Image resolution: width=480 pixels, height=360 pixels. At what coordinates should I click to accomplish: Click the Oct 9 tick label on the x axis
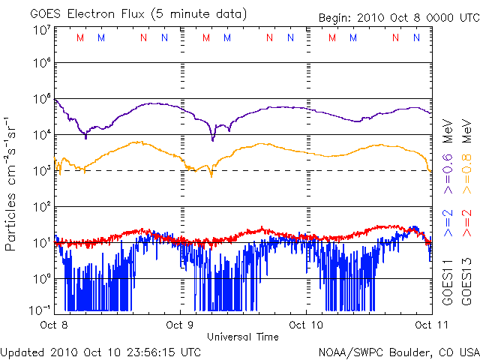(x=180, y=325)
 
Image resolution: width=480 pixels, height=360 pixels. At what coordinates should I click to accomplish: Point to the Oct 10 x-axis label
(x=306, y=325)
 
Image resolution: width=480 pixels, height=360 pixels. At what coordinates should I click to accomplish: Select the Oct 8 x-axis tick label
(x=54, y=325)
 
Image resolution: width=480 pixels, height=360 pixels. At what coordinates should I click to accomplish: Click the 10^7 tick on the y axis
(x=42, y=30)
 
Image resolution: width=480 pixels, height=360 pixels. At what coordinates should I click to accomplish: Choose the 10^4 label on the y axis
(x=42, y=134)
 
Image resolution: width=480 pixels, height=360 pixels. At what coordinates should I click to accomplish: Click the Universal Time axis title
(x=242, y=336)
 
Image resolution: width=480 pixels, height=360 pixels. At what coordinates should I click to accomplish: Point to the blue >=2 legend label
(x=448, y=222)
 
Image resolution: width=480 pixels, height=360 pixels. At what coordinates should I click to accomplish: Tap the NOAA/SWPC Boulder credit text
(x=398, y=351)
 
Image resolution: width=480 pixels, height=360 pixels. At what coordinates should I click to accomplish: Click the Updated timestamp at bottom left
(x=101, y=351)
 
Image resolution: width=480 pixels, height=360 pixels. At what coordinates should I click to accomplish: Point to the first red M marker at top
(x=80, y=37)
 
